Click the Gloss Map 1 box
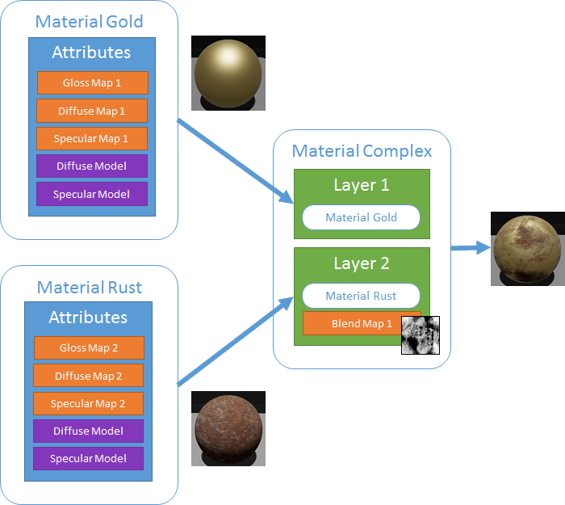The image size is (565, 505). [x=92, y=83]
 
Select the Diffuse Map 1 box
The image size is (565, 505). [x=92, y=111]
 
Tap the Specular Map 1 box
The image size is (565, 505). [x=92, y=138]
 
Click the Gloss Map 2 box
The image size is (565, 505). [x=89, y=348]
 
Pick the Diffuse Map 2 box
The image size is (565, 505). [x=89, y=376]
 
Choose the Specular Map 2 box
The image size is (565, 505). [x=89, y=403]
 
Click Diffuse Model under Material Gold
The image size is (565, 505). [x=92, y=166]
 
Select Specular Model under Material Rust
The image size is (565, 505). [x=89, y=459]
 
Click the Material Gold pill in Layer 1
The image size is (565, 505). [x=361, y=217]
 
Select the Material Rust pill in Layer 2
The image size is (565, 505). [x=361, y=296]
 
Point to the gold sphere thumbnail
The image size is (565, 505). [x=228, y=73]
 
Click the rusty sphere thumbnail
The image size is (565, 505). [x=228, y=428]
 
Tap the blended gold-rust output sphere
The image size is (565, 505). [x=527, y=248]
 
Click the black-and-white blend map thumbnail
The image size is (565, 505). [x=421, y=335]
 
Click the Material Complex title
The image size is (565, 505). [x=362, y=151]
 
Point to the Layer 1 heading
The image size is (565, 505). [x=362, y=185]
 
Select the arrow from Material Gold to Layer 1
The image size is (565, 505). [x=234, y=161]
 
